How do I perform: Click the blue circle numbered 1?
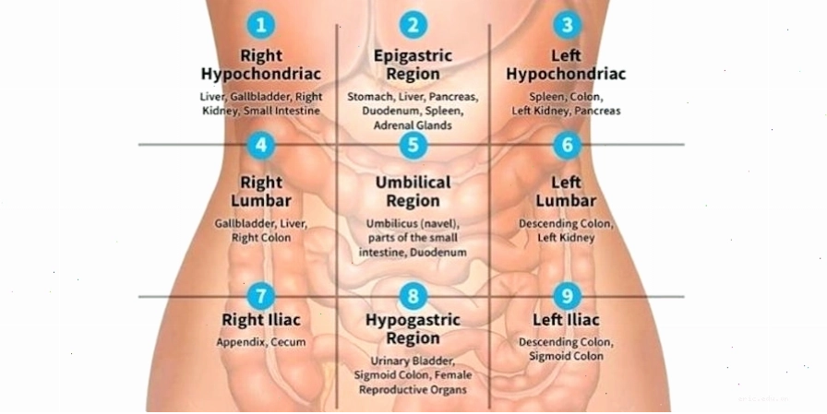pyautogui.click(x=261, y=25)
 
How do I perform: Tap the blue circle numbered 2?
pyautogui.click(x=413, y=25)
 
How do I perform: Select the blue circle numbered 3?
pyautogui.click(x=567, y=25)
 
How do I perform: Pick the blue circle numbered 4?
pyautogui.click(x=261, y=145)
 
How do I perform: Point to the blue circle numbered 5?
pyautogui.click(x=413, y=145)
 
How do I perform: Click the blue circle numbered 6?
pyautogui.click(x=567, y=145)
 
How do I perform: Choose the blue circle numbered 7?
pyautogui.click(x=261, y=296)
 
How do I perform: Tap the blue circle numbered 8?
pyautogui.click(x=413, y=296)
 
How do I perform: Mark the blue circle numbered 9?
pyautogui.click(x=567, y=296)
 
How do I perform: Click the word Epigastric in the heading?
pyautogui.click(x=413, y=56)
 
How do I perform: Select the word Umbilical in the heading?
pyautogui.click(x=413, y=183)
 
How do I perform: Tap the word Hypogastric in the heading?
pyautogui.click(x=413, y=320)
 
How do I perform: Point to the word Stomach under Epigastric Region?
pyautogui.click(x=370, y=97)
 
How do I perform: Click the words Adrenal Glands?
pyautogui.click(x=413, y=125)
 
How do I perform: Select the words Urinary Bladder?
pyautogui.click(x=413, y=361)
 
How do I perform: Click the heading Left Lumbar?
pyautogui.click(x=567, y=192)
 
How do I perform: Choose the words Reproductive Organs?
pyautogui.click(x=413, y=390)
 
